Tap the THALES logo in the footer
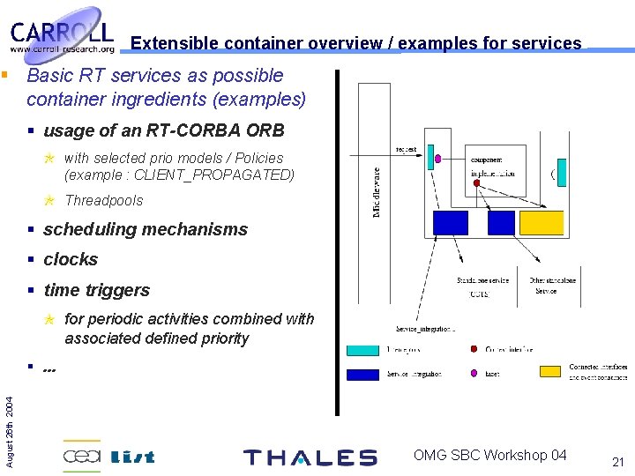(310, 457)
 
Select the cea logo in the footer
(81, 456)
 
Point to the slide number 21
(617, 462)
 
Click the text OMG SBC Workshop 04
(490, 455)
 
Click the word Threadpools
(103, 200)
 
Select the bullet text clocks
(71, 259)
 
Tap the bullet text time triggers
(96, 290)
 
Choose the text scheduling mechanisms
(146, 229)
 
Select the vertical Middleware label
(377, 192)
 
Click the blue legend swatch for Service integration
(362, 374)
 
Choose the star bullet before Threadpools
(50, 200)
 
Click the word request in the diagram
(406, 150)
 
